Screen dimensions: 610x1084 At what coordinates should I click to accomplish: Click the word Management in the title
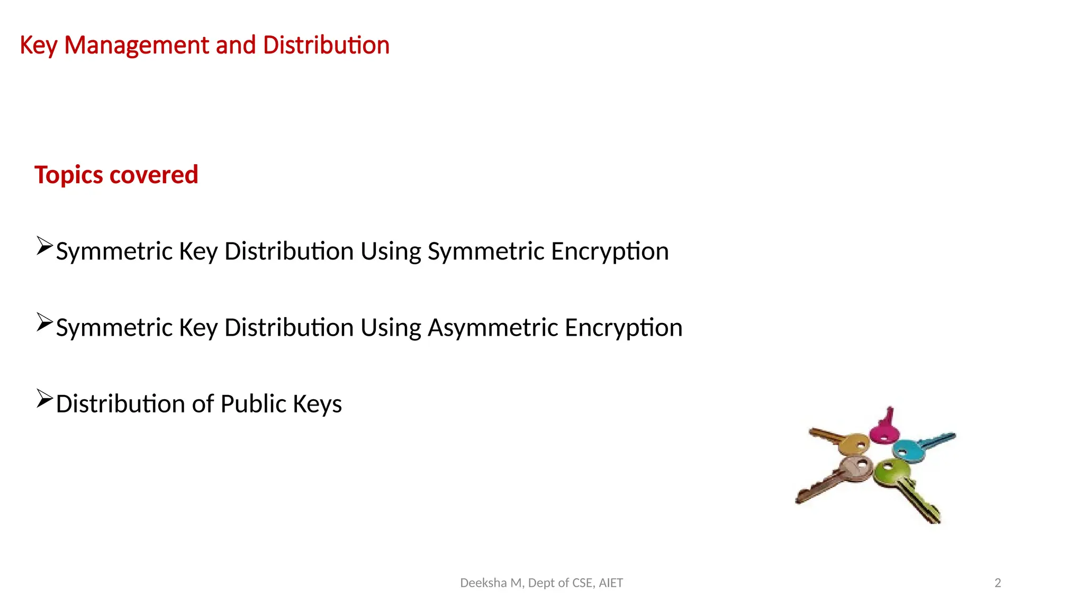tap(137, 46)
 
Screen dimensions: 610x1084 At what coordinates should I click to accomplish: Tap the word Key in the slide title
tap(38, 46)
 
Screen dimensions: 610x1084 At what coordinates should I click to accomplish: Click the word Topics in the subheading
tap(68, 175)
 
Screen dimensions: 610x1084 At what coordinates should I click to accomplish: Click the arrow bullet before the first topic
tap(44, 246)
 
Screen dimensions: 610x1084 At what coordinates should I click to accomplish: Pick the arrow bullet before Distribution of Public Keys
tap(44, 399)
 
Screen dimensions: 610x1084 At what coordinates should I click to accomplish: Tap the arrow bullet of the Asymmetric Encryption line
tap(44, 322)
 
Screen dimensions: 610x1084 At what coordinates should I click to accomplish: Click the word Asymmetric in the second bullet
tap(493, 327)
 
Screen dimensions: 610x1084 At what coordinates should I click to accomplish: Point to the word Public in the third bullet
tap(253, 403)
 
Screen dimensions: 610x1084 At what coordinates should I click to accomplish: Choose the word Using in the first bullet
tap(391, 251)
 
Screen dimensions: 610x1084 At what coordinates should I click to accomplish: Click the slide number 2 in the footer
tap(998, 583)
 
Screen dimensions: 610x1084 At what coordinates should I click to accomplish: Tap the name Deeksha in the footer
tap(483, 583)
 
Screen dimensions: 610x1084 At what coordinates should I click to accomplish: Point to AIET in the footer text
tap(611, 583)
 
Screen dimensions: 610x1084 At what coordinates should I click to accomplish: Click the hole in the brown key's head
tap(862, 464)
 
